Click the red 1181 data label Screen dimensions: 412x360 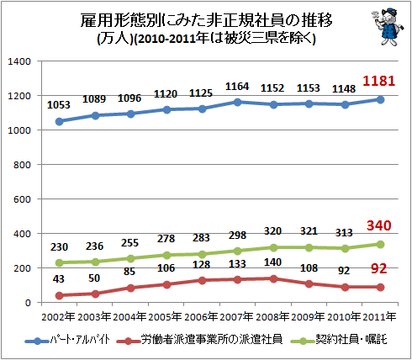[378, 81]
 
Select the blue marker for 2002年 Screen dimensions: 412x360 [59, 121]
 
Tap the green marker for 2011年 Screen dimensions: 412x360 [380, 245]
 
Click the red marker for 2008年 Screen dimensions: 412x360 [273, 278]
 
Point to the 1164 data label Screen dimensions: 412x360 [237, 87]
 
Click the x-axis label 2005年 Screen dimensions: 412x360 [166, 317]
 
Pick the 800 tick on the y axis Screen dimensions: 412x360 [22, 165]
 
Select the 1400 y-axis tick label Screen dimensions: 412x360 [19, 61]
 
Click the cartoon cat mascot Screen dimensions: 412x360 [388, 27]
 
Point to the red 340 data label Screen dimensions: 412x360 [379, 225]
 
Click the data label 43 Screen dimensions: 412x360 [59, 279]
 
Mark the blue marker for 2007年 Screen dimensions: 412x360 [238, 102]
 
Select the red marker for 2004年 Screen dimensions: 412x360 [130, 288]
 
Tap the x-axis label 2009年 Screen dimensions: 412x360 [309, 317]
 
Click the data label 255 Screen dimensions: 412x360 [129, 243]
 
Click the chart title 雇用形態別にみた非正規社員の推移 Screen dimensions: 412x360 [207, 20]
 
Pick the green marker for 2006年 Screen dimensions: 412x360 [202, 254]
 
